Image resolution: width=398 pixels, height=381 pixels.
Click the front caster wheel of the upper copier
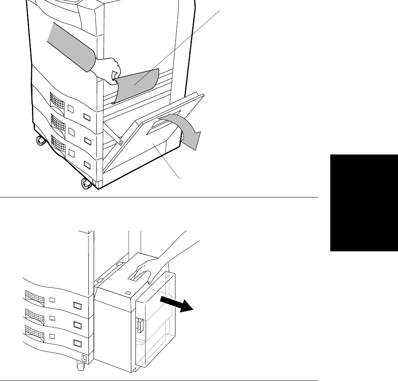pos(87,184)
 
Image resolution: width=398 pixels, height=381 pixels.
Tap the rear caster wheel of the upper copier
pos(40,140)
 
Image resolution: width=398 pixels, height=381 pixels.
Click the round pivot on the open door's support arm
pos(120,142)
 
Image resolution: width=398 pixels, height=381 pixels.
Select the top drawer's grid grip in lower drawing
pos(34,295)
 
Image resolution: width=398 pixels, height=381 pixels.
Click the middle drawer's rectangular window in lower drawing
pos(77,325)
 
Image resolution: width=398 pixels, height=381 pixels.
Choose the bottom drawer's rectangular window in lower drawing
pos(77,343)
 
